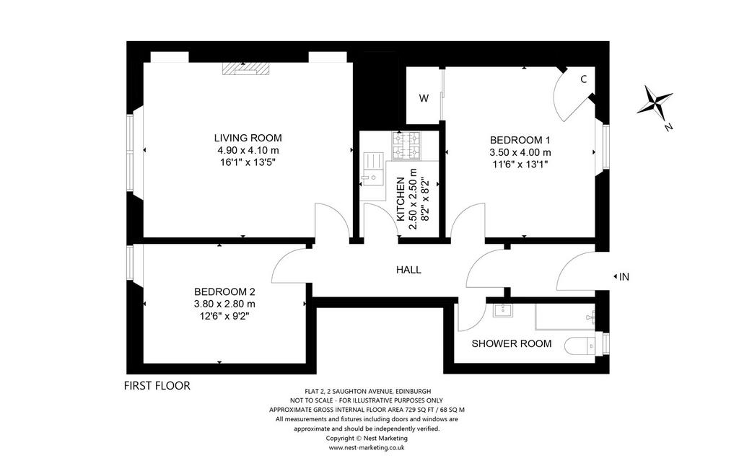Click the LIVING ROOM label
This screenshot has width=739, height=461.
pos(248,138)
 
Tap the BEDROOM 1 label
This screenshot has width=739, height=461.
pos(520,140)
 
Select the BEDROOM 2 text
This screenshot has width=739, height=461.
pos(224,291)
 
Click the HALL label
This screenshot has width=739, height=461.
pos(408,270)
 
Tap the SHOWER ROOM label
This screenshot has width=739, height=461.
pos(512,343)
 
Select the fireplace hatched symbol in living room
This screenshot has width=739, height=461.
pos(245,69)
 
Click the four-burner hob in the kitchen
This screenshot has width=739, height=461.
pos(406,146)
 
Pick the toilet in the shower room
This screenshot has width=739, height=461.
pos(580,346)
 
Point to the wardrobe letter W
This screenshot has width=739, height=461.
pos(424,99)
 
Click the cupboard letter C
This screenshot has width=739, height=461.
pos(583,79)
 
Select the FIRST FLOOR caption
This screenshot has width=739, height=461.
pos(157,385)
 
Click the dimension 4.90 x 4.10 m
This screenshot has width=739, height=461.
pos(248,150)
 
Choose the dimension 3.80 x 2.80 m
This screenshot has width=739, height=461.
pos(224,304)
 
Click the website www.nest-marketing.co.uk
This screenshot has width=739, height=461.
pos(366,448)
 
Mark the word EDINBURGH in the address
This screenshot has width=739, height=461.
pos(413,391)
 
